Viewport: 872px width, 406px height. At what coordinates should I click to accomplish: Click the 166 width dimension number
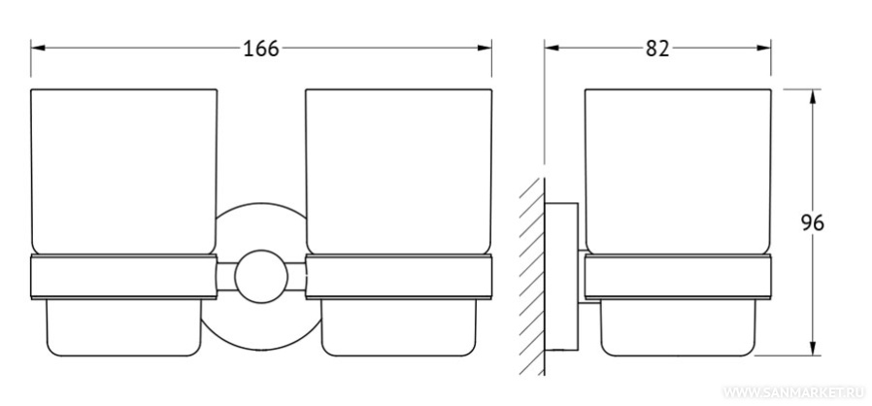261,49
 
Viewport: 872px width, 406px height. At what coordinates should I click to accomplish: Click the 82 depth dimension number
657,49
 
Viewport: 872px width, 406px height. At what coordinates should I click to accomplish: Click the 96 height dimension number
813,222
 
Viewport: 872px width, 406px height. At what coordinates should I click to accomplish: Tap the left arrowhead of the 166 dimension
38,48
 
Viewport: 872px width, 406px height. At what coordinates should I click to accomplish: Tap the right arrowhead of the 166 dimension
485,48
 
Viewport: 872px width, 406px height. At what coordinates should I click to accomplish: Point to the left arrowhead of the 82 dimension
552,48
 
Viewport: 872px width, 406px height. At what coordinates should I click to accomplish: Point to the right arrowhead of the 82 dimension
763,48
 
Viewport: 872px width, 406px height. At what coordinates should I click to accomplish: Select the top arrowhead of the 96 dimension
813,96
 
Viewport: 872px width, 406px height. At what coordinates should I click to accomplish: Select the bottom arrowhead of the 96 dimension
813,349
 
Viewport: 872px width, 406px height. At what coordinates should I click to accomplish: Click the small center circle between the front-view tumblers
261,277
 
